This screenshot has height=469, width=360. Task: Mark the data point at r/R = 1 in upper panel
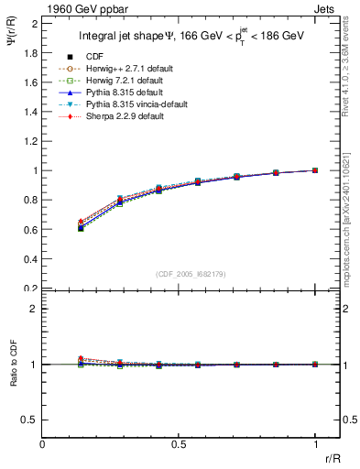click(315, 170)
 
